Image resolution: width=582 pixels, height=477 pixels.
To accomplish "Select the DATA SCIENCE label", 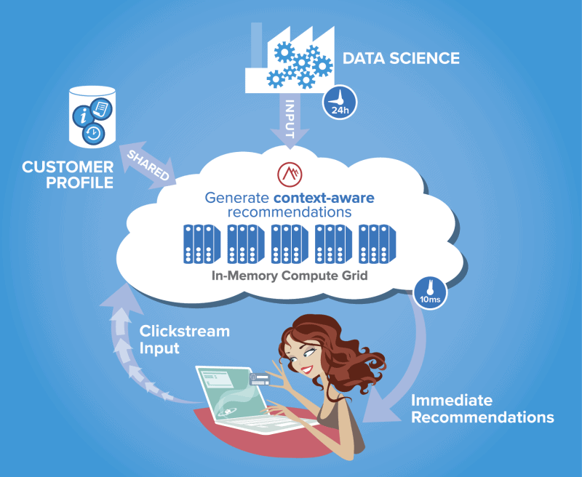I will [x=401, y=58].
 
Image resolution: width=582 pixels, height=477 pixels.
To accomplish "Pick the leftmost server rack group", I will [x=199, y=244].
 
